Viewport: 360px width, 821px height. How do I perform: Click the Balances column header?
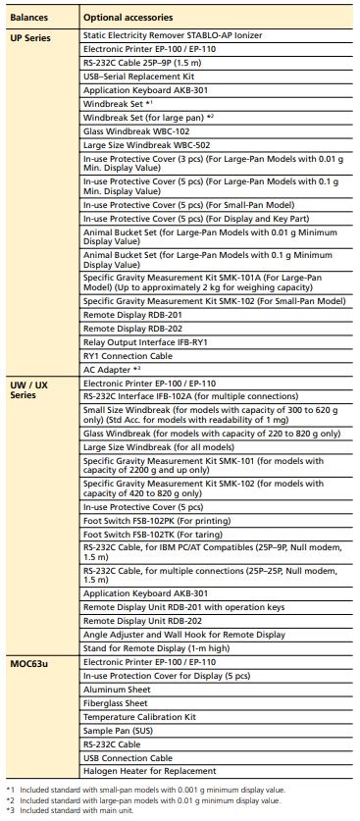click(28, 18)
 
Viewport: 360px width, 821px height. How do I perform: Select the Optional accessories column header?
click(129, 18)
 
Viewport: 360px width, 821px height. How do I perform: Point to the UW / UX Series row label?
click(28, 389)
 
